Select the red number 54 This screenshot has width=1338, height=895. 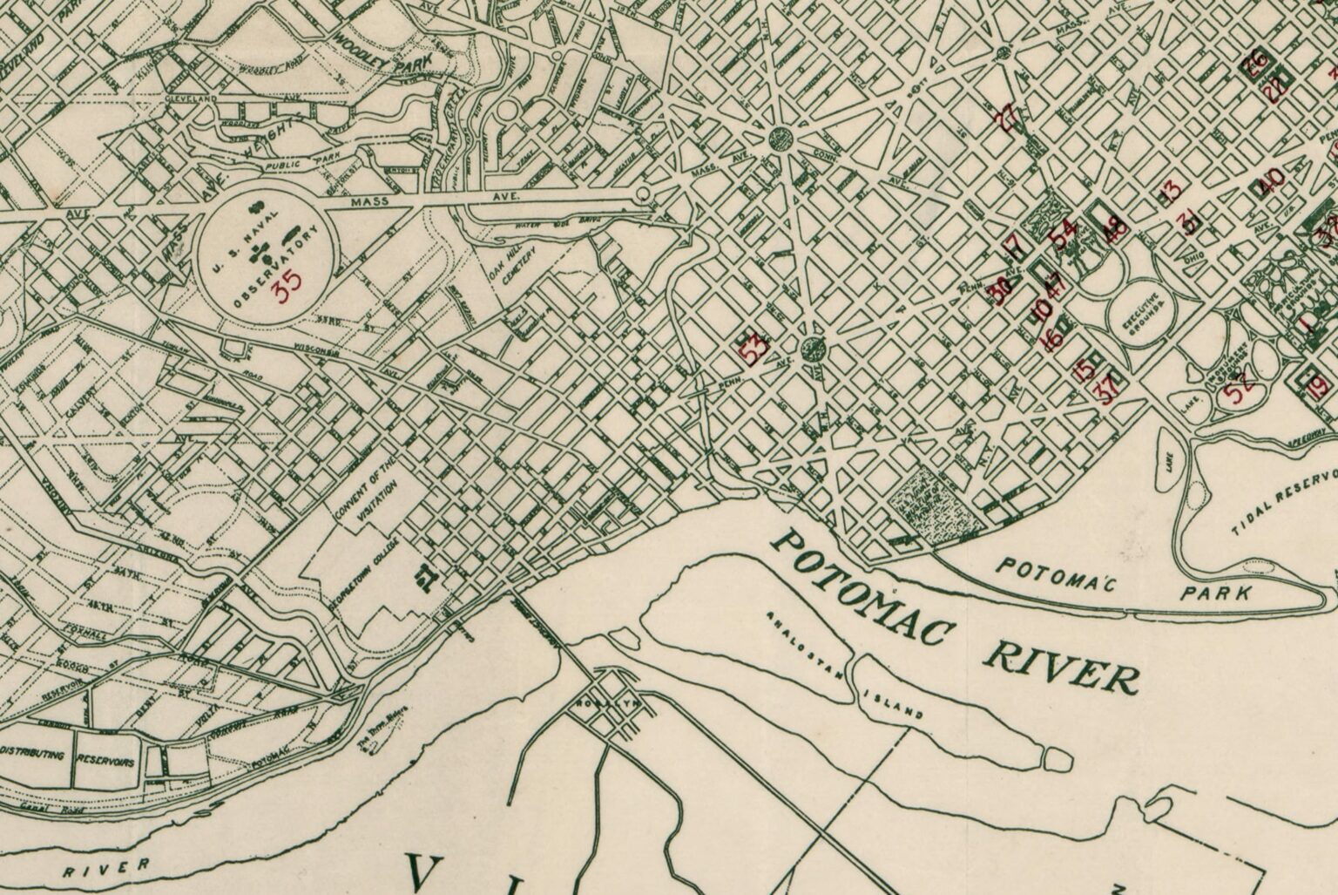pos(1063,234)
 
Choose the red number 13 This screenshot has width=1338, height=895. pos(1169,190)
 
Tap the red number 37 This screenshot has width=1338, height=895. pos(1109,389)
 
